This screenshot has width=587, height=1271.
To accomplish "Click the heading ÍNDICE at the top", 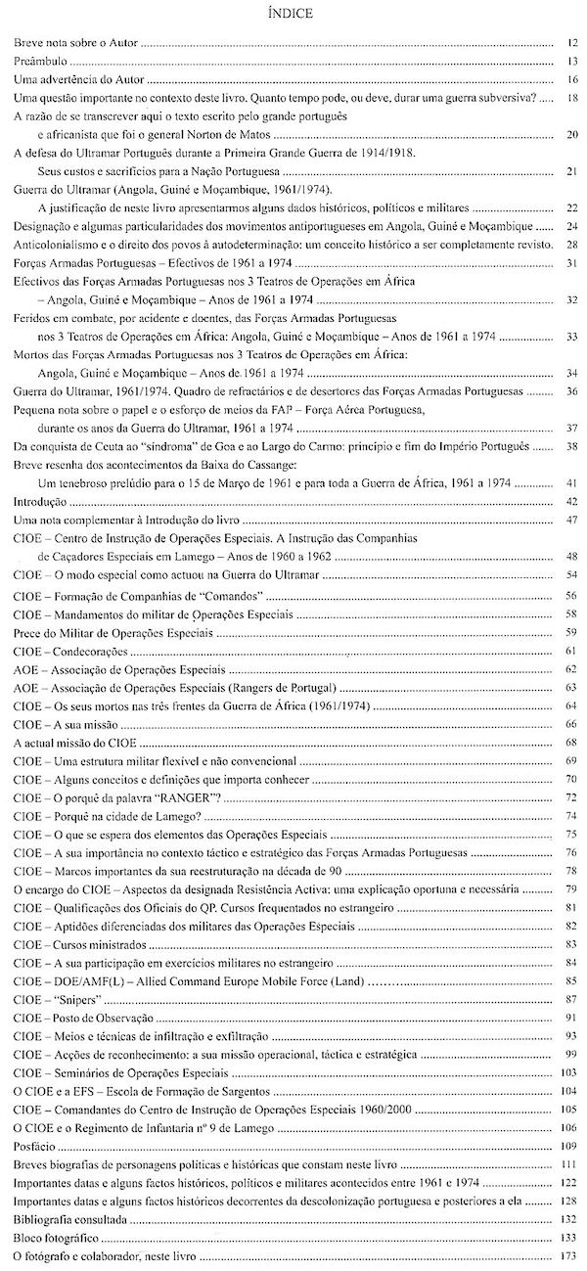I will (x=293, y=13).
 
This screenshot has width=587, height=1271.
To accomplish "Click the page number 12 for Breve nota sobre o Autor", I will (x=571, y=44).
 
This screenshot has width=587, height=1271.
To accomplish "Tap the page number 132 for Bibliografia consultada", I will (x=569, y=1220).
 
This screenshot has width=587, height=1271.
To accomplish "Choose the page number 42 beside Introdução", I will (x=571, y=501).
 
